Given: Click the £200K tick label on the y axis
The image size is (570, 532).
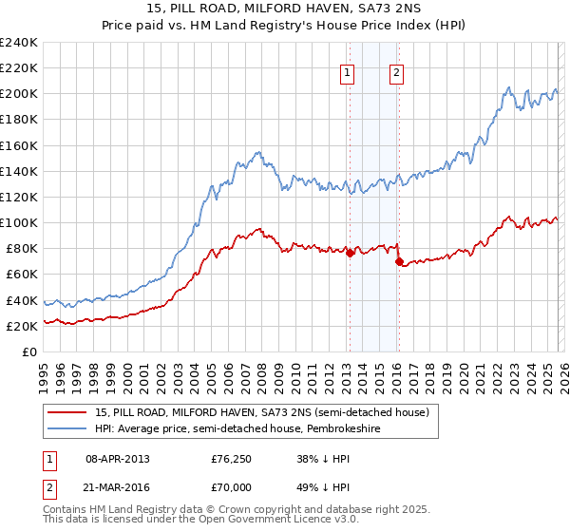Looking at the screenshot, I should [19, 94].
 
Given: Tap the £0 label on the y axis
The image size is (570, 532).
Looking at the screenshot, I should [30, 351].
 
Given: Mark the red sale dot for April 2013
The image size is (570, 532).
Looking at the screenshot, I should [350, 253].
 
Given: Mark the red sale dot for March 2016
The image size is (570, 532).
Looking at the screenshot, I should [399, 261].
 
